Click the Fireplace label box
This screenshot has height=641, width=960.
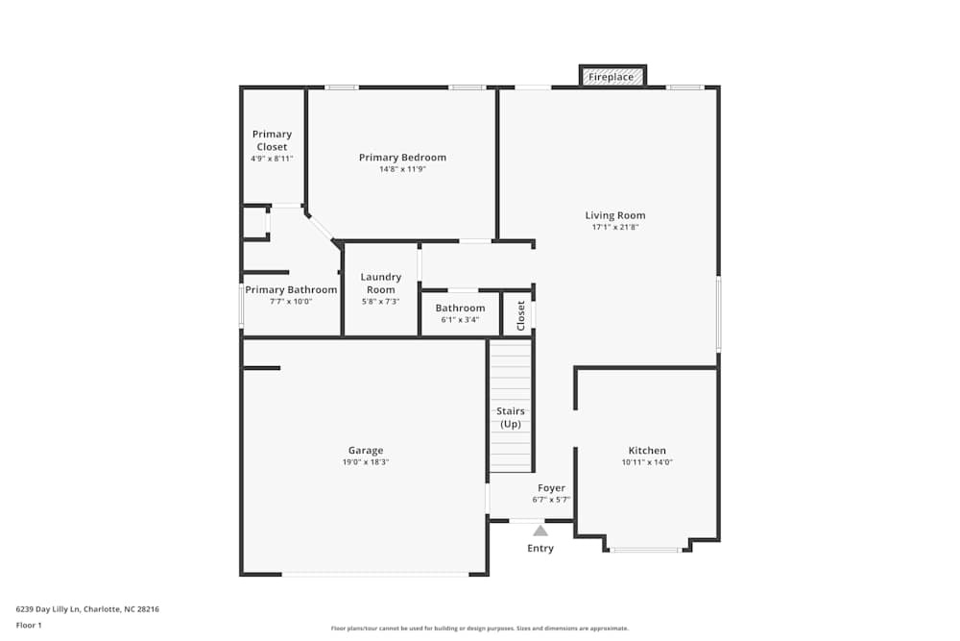tap(612, 76)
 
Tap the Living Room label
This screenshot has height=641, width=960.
tap(615, 215)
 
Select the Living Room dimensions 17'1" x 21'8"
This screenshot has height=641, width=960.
tap(615, 228)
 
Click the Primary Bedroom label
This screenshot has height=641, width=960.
tap(402, 158)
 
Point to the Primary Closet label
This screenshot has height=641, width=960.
tap(272, 140)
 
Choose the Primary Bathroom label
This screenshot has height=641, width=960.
tap(291, 289)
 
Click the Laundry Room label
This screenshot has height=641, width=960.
tap(381, 284)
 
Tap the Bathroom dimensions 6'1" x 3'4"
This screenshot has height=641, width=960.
tap(460, 320)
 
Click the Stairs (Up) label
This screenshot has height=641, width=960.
tap(510, 417)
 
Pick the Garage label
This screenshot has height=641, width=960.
tap(366, 450)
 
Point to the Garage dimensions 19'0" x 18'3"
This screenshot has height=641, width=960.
tap(366, 462)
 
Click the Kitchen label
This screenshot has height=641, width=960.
tap(647, 450)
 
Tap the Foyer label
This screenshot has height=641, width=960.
tap(551, 488)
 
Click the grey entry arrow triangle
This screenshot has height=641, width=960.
tap(540, 530)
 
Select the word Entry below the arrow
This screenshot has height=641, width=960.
tap(540, 549)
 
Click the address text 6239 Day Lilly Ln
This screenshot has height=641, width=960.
tap(87, 608)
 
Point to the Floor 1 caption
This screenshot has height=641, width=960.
tap(29, 625)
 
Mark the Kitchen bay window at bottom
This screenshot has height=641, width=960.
tap(646, 550)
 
